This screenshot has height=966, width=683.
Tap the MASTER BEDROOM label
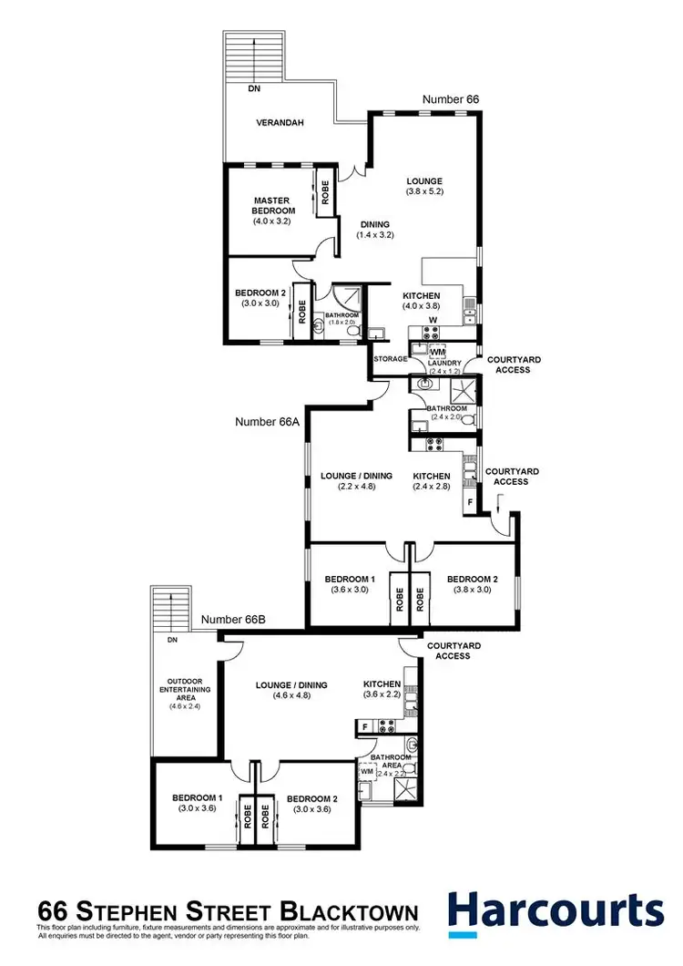tap(271, 210)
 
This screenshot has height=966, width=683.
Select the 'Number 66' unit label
tap(451, 98)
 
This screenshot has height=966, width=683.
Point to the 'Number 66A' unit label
tap(268, 422)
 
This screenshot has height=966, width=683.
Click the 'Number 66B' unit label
tap(233, 619)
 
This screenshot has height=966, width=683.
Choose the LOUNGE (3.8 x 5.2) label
tap(424, 186)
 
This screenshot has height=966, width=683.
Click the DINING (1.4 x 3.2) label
tap(374, 230)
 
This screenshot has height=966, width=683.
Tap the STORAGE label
tap(388, 360)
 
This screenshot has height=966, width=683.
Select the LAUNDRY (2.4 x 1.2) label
tap(445, 367)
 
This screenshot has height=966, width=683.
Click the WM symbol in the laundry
tap(437, 351)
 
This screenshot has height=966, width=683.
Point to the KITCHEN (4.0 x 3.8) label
tap(422, 301)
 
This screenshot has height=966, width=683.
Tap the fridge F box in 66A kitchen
tap(470, 501)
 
